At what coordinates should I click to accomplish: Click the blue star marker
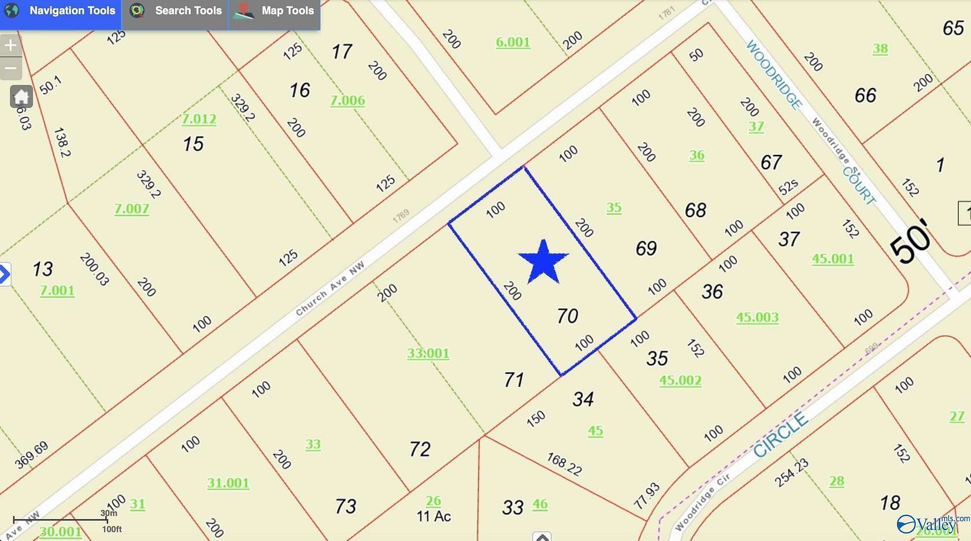pos(543,262)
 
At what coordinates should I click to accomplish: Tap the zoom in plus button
pos(10,45)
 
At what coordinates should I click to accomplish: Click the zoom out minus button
pos(10,68)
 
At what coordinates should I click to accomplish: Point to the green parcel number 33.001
pos(428,353)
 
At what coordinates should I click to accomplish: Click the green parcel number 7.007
pos(132,208)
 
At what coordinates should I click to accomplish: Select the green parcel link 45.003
pos(757,317)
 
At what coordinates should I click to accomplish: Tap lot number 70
pos(567,316)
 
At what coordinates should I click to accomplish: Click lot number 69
pos(646,248)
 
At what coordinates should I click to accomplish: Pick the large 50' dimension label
pos(910,242)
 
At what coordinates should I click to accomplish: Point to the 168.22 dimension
pos(564,464)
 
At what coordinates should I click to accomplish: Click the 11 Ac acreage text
pos(433,516)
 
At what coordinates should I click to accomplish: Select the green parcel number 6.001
pos(513,42)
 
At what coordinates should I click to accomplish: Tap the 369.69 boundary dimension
pos(32,455)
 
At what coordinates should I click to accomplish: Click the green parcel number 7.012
pos(199,119)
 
